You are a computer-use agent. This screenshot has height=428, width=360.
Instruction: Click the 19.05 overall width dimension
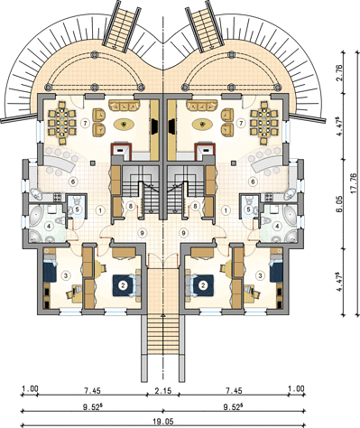163,421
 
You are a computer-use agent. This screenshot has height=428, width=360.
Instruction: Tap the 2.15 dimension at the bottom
163,391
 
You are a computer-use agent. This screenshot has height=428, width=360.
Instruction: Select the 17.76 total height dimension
354,183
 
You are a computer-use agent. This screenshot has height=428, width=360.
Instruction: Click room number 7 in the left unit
86,123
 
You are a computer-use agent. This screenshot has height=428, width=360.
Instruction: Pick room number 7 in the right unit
240,123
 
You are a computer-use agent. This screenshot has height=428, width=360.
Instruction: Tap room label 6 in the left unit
72,181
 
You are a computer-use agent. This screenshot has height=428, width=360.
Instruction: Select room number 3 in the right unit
261,275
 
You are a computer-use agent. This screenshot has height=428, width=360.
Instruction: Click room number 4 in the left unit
49,225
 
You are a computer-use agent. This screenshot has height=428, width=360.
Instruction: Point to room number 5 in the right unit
248,209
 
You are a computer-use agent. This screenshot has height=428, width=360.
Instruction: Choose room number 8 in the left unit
130,206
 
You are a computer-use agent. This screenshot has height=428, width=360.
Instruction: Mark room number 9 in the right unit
183,232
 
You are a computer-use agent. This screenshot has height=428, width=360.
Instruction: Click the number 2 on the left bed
123,285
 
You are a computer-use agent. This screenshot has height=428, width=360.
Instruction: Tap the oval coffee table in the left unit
124,124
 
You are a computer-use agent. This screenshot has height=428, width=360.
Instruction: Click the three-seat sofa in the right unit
202,106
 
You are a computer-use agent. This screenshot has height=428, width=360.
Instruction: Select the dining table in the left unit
61,123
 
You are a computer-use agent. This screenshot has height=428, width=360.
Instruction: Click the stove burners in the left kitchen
57,198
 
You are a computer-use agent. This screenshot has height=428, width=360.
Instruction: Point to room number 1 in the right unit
226,210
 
